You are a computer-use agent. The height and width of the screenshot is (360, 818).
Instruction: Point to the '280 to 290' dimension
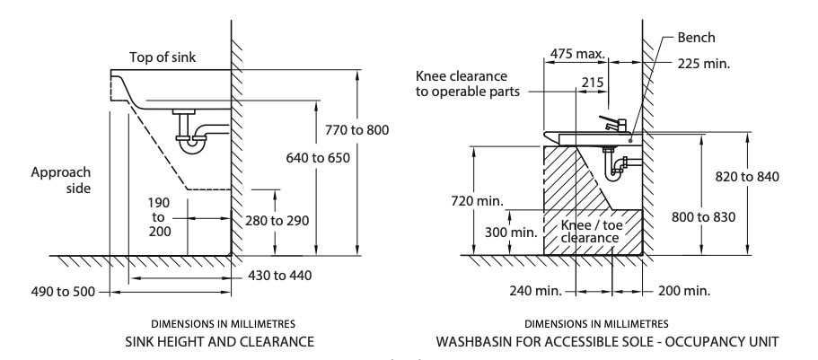click(279, 219)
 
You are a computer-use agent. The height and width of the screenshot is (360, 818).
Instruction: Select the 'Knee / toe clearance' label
click(589, 232)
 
